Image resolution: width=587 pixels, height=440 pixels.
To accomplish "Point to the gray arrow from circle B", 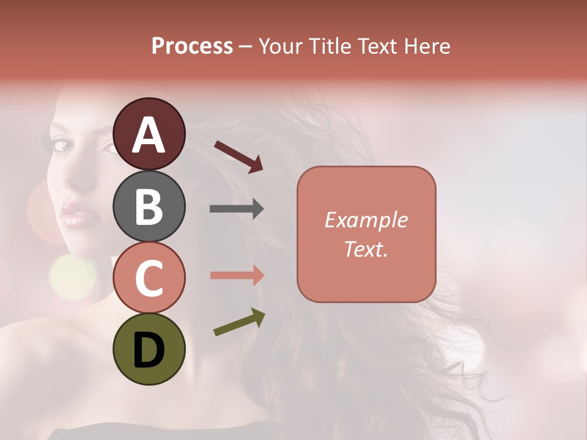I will [237, 209].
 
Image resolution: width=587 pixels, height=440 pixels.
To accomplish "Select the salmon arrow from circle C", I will [237, 276].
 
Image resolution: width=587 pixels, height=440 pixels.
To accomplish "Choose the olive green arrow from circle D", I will [239, 322].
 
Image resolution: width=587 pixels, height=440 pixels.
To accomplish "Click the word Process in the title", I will [192, 46].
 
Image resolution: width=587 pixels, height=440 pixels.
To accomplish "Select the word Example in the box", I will [366, 220].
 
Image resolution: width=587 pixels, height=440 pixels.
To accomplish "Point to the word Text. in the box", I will [366, 249].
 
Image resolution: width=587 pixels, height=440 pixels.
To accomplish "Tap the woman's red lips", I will [78, 215].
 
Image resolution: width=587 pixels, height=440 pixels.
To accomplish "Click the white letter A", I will [149, 135].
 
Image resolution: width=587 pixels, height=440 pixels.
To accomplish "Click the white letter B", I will [149, 207].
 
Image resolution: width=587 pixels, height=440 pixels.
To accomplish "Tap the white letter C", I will [149, 279].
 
